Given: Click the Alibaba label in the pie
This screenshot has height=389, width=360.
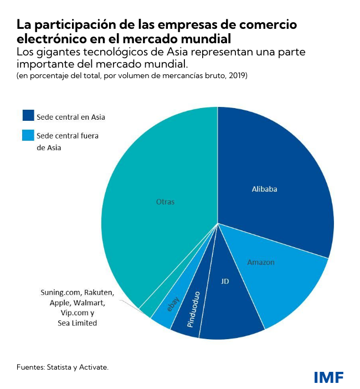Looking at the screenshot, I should coord(264,189).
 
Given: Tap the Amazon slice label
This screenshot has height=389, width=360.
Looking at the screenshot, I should coord(260,262).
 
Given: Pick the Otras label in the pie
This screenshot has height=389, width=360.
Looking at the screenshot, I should coord(165,202).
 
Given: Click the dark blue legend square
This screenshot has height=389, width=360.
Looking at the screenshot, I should coord(28,116).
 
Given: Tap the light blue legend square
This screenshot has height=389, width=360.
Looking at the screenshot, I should coord(28,135).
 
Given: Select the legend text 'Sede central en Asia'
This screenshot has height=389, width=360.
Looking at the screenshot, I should coord(71,117).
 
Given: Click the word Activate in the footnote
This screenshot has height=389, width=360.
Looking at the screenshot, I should coord(94,367).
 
